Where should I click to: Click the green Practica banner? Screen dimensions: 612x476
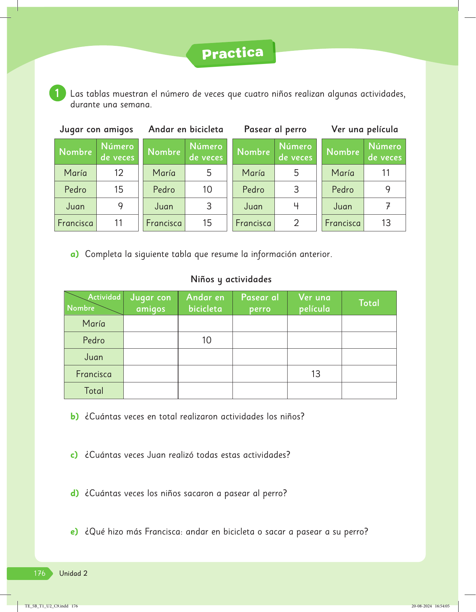point(232,53)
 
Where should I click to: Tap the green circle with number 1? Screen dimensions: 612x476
point(57,93)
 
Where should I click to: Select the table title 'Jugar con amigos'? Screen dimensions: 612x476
point(96,129)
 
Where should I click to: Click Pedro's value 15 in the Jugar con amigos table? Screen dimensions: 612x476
point(118,190)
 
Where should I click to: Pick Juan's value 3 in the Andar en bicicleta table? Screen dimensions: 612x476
point(209,206)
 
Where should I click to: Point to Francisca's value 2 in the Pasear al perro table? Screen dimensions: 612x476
point(296,223)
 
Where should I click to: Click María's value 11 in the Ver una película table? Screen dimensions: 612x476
point(386,173)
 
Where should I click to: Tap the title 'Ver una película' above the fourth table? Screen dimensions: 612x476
point(364,129)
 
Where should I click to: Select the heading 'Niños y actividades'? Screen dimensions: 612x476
point(231,279)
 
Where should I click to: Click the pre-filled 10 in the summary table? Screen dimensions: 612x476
point(207,340)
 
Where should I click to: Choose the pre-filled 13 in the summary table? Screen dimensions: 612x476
point(315,374)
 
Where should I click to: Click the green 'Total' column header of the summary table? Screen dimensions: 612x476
point(369,303)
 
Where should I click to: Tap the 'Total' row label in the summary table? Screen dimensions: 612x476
point(94,391)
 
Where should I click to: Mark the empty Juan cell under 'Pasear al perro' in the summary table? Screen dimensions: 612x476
point(260,357)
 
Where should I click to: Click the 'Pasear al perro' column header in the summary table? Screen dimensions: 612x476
point(260,303)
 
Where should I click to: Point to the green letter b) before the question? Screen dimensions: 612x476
point(74,417)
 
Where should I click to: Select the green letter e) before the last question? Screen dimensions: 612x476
point(74,532)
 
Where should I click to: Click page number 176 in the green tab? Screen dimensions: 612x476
point(39,573)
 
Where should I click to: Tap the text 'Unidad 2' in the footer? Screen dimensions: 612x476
point(73,573)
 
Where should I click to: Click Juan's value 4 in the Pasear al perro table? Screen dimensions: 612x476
point(296,206)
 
